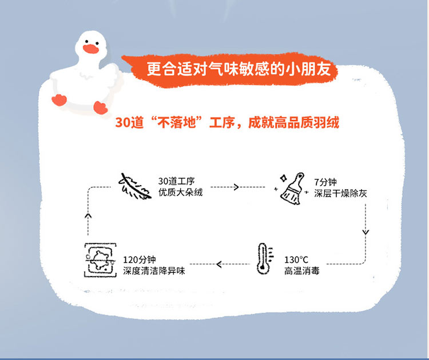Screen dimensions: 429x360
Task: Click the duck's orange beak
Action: (90, 49)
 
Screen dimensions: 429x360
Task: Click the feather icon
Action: (135, 186)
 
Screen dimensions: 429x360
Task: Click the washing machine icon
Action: (100, 260)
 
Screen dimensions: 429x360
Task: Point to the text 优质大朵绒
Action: (180, 193)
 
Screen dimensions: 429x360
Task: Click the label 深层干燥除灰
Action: (340, 193)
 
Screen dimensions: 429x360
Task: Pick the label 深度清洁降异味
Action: (154, 270)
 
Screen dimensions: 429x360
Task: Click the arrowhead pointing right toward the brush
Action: (235, 187)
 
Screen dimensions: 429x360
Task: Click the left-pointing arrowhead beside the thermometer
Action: (219, 264)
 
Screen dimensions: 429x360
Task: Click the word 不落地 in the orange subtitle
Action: (184, 123)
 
